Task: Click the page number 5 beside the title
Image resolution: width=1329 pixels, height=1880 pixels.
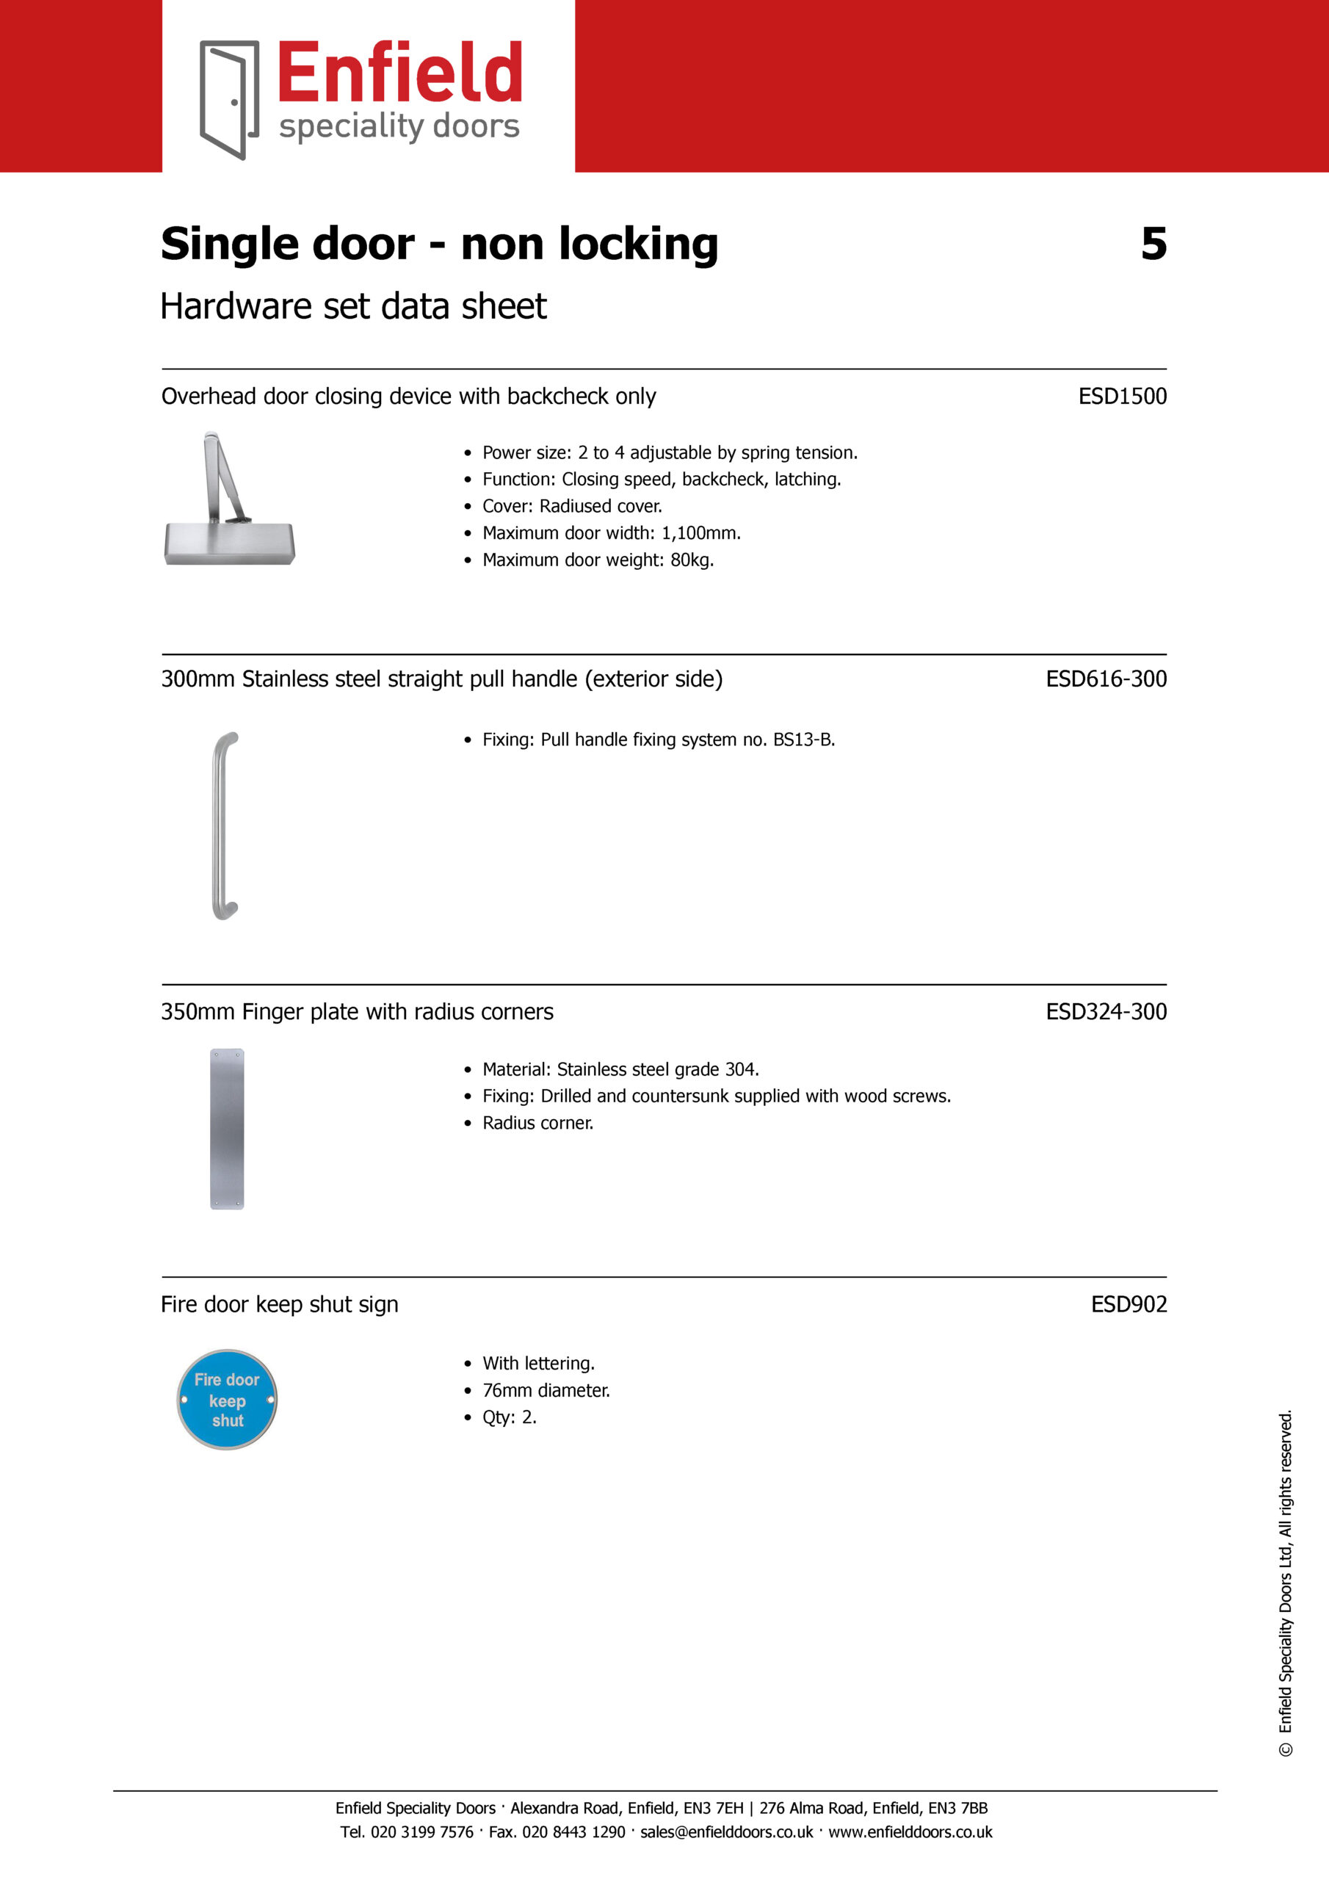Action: tap(1154, 244)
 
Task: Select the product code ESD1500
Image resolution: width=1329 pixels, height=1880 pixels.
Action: tap(1122, 397)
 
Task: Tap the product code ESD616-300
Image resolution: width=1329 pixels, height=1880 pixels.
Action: tap(1106, 679)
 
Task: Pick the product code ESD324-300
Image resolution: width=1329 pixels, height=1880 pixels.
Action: tap(1106, 1011)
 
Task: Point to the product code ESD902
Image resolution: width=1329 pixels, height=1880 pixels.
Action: tap(1129, 1304)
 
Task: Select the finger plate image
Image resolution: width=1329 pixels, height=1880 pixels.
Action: tap(227, 1128)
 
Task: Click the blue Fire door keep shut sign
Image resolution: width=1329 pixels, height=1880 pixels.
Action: tap(227, 1400)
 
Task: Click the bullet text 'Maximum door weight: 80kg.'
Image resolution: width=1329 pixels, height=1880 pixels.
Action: tap(598, 560)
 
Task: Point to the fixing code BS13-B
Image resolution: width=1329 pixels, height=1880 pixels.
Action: tap(803, 740)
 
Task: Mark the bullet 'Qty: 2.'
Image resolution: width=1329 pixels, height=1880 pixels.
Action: tap(510, 1417)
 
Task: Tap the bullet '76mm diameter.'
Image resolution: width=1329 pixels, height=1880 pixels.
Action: tap(546, 1390)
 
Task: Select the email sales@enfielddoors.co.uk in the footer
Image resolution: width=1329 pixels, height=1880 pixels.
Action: tap(726, 1832)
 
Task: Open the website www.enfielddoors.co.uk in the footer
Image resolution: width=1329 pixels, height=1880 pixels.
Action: tap(910, 1832)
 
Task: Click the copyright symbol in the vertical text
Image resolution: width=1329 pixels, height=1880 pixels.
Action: tap(1286, 1750)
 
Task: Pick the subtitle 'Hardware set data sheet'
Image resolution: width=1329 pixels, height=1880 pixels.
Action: tap(353, 306)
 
